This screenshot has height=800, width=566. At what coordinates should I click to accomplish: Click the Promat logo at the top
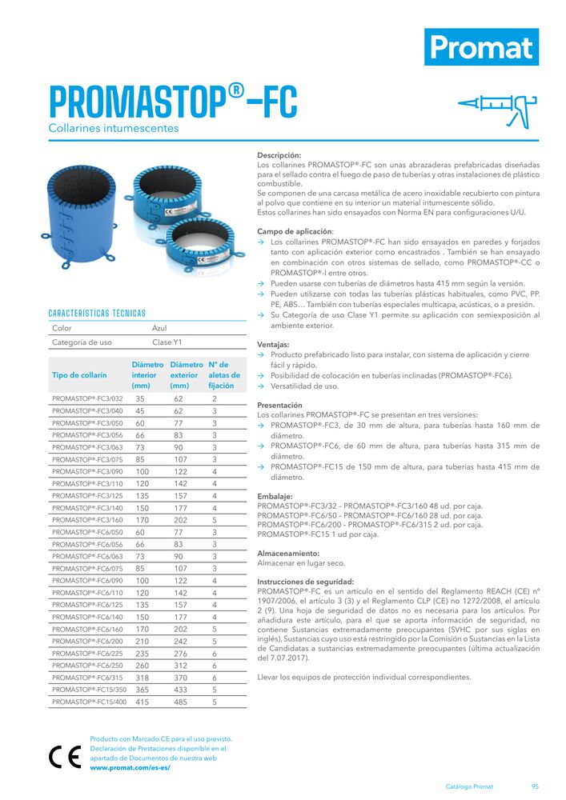(x=481, y=47)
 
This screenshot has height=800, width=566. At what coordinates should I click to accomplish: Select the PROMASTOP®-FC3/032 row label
(x=87, y=398)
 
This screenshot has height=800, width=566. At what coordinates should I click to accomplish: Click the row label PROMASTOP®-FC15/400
(x=89, y=702)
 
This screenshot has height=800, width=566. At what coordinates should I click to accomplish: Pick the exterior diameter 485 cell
(x=179, y=702)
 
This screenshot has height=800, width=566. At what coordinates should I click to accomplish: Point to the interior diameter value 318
(x=143, y=678)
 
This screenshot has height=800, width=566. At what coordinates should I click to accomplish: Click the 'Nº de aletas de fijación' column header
(x=221, y=374)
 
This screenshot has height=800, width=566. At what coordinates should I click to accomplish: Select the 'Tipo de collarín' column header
(x=79, y=374)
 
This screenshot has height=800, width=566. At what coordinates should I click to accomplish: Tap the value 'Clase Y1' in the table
(x=167, y=343)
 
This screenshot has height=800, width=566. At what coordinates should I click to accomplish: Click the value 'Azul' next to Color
(x=159, y=328)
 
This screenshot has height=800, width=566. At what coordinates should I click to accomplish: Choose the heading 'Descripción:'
(x=279, y=155)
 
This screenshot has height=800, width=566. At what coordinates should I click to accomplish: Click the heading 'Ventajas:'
(x=273, y=345)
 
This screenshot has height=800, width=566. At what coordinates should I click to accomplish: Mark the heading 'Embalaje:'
(x=275, y=496)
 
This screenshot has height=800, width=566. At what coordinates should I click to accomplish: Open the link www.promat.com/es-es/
(x=130, y=767)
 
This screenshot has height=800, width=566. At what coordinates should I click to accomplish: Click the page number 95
(x=534, y=786)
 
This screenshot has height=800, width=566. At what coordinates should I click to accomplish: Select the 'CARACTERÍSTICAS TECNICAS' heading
(x=97, y=313)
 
